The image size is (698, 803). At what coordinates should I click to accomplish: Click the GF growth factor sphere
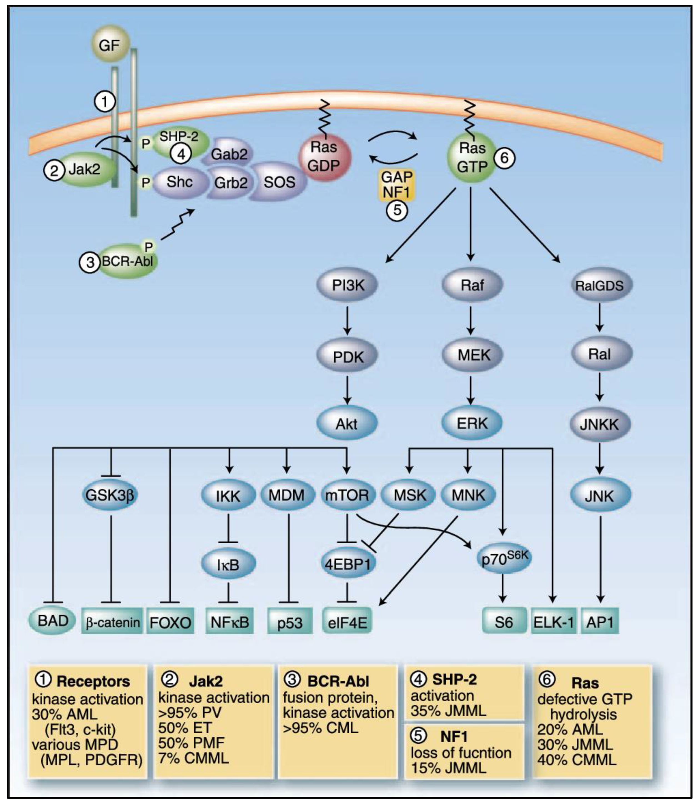pos(110,45)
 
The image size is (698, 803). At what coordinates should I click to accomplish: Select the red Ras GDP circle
pos(325,157)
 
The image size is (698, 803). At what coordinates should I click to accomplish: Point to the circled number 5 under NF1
pos(396,210)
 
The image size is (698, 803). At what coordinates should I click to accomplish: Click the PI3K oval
pos(347,286)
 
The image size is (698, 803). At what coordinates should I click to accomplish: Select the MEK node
pos(472,355)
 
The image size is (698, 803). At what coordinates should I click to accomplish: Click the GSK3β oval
pos(110,496)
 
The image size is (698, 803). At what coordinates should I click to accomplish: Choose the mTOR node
pos(347,496)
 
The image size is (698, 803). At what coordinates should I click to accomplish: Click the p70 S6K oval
pos(504,559)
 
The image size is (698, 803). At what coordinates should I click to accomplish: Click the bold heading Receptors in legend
pos(93,681)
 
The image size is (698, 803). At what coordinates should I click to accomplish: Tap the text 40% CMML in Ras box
pos(576,760)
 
